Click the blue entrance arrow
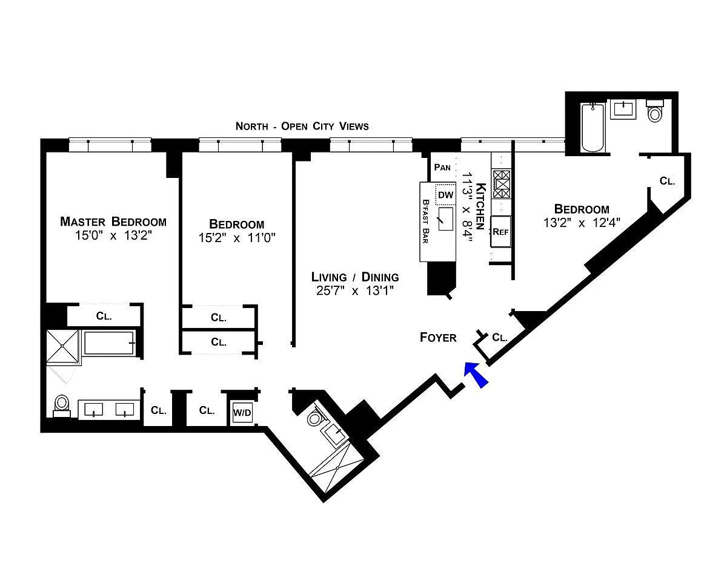click(476, 375)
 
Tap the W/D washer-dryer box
click(242, 413)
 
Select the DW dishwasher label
click(446, 195)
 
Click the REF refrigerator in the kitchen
click(500, 232)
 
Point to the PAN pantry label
click(442, 167)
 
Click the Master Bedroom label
click(113, 221)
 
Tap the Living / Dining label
click(355, 277)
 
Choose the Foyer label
click(438, 338)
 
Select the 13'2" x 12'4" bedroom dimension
click(582, 223)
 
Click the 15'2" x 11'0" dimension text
click(237, 238)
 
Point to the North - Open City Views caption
click(302, 126)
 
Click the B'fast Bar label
click(425, 221)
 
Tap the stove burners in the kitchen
click(501, 184)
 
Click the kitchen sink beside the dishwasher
click(446, 219)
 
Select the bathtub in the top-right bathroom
click(593, 127)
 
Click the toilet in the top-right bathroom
click(655, 111)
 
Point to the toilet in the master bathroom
click(62, 405)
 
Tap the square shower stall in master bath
click(62, 346)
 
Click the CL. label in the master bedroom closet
click(104, 316)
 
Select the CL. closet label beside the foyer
click(500, 338)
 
